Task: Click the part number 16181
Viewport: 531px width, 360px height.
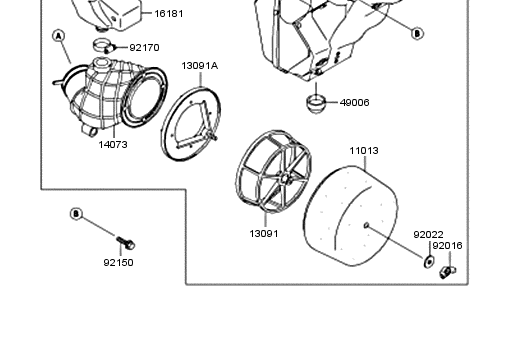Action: click(169, 14)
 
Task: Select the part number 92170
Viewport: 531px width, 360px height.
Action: click(144, 47)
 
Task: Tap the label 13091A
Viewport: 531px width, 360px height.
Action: click(200, 66)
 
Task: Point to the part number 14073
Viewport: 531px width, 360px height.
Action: click(113, 145)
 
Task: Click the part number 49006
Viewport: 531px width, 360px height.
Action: click(354, 102)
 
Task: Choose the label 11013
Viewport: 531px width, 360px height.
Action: click(364, 151)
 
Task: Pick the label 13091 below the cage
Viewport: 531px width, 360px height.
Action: click(264, 234)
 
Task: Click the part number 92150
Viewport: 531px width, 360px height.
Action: click(119, 262)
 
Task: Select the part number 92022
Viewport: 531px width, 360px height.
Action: click(428, 235)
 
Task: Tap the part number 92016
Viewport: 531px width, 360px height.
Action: click(447, 246)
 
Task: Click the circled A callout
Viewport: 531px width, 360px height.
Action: click(59, 36)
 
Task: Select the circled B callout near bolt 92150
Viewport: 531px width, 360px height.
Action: click(76, 214)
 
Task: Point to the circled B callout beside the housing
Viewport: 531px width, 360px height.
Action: click(417, 34)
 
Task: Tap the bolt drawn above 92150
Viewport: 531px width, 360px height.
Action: click(126, 242)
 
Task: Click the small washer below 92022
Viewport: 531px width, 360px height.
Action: click(429, 261)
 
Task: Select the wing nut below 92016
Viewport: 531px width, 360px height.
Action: click(447, 272)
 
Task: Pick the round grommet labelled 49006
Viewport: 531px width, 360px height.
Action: click(315, 103)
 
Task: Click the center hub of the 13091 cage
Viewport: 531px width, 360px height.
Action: click(285, 178)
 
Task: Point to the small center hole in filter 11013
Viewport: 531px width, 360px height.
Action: click(366, 225)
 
